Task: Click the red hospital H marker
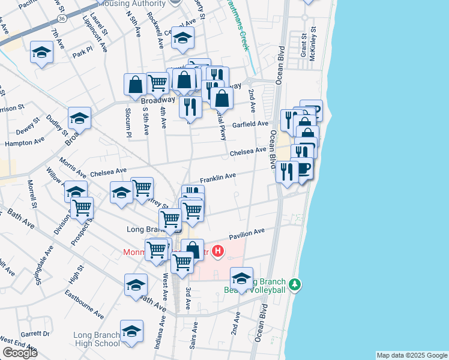coord(218,251)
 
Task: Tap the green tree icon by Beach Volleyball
coord(294,284)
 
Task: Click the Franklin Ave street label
coord(217,178)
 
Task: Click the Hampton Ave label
coord(25,142)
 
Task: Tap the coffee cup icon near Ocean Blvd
coord(304,168)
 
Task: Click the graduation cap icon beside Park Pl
coord(42,53)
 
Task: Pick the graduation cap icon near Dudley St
coord(79,119)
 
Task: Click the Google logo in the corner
coord(19,353)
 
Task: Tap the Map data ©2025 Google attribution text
coord(411,355)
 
